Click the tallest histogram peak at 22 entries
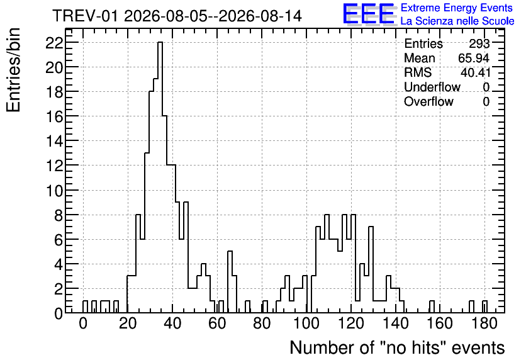click(160, 43)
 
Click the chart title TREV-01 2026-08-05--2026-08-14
click(177, 16)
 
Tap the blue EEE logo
click(369, 14)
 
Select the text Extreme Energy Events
click(457, 8)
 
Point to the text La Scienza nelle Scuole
click(457, 21)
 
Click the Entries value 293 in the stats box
click(479, 43)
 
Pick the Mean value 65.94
click(473, 58)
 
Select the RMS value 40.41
click(475, 72)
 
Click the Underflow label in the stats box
click(432, 87)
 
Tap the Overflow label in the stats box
click(428, 101)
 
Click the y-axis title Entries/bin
click(13, 70)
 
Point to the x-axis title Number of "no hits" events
click(397, 347)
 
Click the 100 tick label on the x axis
click(306, 323)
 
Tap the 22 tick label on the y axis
click(54, 43)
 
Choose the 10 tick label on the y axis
click(54, 191)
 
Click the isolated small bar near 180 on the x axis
click(484, 307)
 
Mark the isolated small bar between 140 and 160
click(432, 307)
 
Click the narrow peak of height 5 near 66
click(230, 282)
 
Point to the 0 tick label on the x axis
click(83, 323)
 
